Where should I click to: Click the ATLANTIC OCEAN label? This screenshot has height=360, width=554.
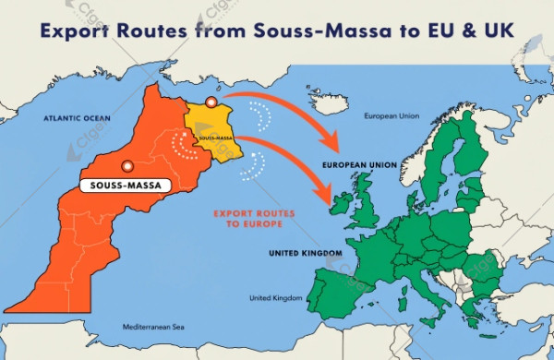coord(77,119)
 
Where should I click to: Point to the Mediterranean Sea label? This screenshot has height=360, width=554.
coord(154,327)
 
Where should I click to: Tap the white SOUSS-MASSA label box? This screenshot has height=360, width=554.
coord(122,186)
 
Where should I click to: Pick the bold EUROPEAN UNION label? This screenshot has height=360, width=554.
coord(359,165)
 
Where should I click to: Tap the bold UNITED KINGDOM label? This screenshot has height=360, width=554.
coord(305,253)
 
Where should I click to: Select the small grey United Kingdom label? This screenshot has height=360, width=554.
coord(276,298)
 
